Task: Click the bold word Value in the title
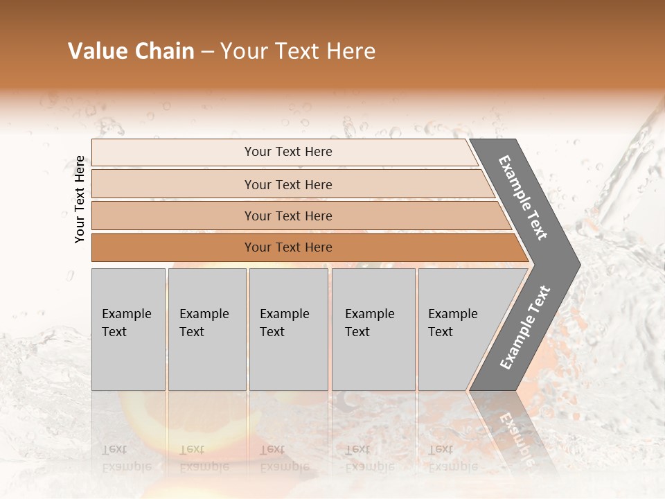click(96, 51)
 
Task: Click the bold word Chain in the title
click(163, 51)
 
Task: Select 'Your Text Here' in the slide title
click(298, 51)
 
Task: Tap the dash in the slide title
click(207, 52)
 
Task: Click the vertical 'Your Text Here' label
click(80, 199)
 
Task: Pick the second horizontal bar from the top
click(287, 184)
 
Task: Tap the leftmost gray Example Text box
click(128, 329)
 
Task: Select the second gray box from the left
click(206, 329)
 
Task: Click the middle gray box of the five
click(288, 329)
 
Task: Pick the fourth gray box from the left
click(373, 329)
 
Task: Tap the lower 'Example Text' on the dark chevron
click(524, 328)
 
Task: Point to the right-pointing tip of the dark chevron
click(576, 264)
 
